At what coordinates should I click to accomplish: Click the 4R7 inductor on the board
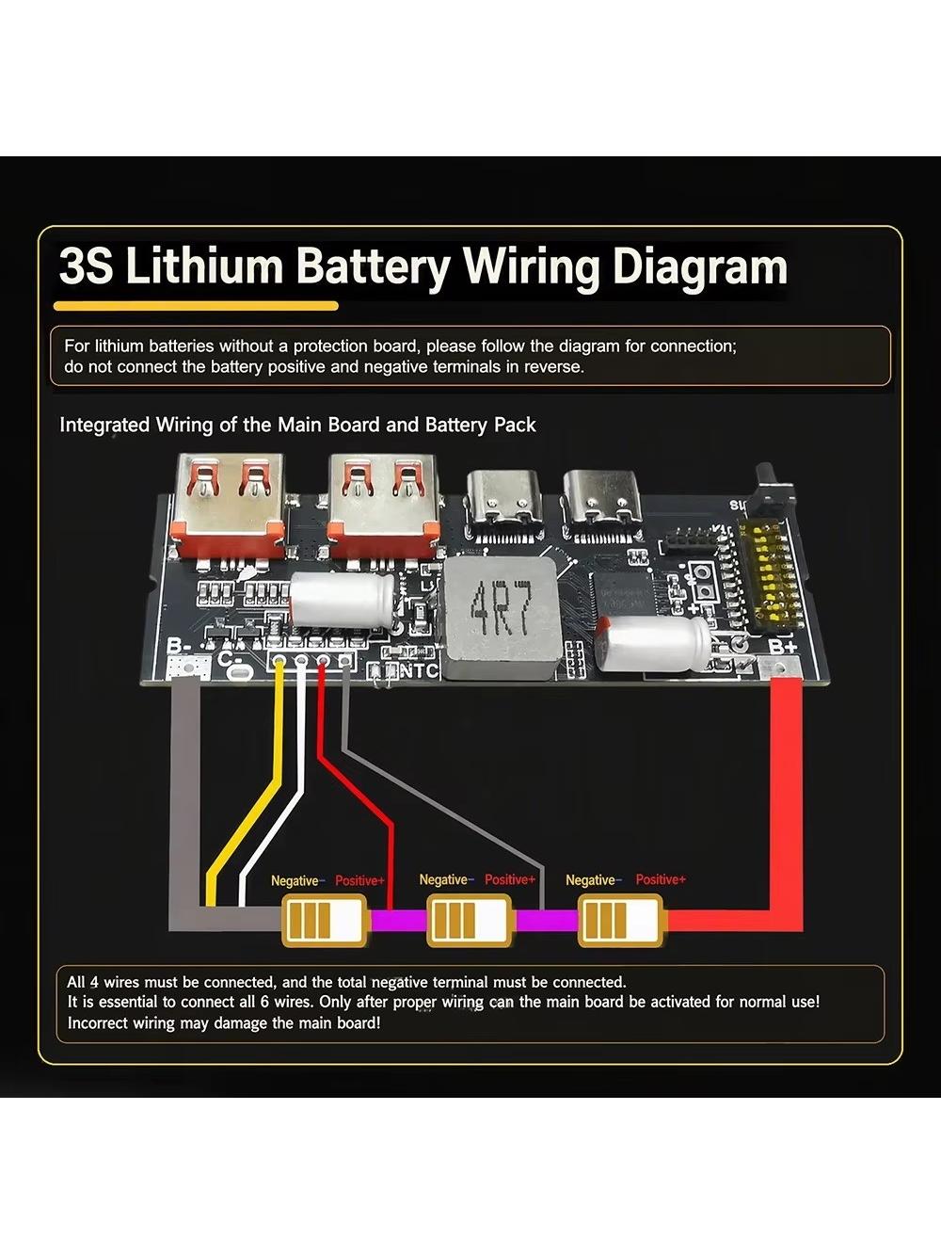click(x=501, y=619)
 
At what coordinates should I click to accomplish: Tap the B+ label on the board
click(x=783, y=648)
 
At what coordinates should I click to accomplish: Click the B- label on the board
click(x=178, y=647)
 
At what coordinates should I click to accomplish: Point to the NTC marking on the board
click(x=419, y=671)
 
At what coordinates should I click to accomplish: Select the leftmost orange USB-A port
click(x=231, y=506)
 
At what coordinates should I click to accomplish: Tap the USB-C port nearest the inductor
click(x=503, y=505)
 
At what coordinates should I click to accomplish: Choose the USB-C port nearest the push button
click(x=601, y=505)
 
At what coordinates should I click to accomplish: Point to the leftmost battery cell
click(x=324, y=921)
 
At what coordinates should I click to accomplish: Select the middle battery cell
click(x=469, y=921)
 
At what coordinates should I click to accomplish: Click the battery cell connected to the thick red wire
click(x=621, y=921)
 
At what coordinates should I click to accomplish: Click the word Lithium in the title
click(x=204, y=265)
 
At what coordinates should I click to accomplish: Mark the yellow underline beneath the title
click(x=196, y=306)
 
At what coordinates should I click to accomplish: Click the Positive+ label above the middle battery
click(x=510, y=879)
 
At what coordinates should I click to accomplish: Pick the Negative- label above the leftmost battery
click(x=297, y=880)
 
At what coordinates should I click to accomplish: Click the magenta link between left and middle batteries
click(x=398, y=921)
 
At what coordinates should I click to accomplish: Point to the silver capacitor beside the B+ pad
click(x=653, y=645)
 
